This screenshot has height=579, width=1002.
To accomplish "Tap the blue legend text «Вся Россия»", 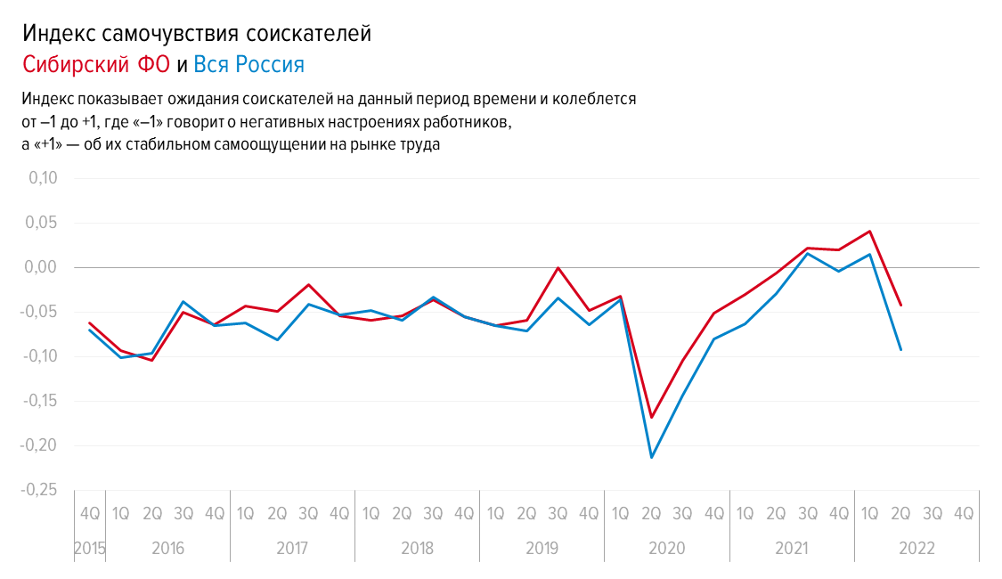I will [248, 65].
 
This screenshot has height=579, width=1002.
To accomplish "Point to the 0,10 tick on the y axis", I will [43, 178].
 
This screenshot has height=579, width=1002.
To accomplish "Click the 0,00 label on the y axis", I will [43, 267].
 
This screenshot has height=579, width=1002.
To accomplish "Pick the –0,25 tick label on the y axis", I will [39, 490].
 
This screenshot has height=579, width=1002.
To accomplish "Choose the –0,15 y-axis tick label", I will [39, 401].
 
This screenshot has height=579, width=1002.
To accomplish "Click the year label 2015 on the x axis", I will [89, 548].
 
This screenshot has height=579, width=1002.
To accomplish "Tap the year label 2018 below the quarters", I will [417, 548].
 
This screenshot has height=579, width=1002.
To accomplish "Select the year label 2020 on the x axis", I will [666, 548].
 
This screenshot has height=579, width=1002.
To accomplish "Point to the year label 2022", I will [916, 548].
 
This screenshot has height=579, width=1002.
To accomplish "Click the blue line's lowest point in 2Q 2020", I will [652, 457].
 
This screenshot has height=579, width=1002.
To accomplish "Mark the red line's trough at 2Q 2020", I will [652, 417].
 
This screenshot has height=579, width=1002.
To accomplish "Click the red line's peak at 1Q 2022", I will [869, 232].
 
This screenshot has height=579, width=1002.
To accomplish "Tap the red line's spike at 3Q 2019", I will [558, 267].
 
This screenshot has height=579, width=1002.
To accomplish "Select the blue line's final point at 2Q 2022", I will [901, 349].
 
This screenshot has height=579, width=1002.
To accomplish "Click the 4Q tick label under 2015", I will [90, 514].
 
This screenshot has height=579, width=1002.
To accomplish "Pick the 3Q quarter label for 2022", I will [933, 514].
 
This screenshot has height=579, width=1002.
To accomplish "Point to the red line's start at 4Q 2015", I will [90, 323].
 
